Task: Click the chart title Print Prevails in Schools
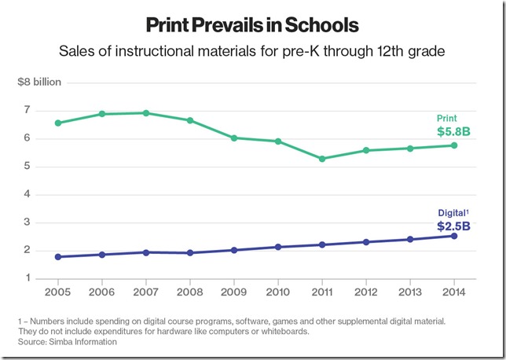[252, 25]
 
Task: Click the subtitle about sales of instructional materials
[252, 53]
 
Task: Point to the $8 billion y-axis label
[40, 83]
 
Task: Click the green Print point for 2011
[321, 159]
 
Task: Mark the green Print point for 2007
[145, 113]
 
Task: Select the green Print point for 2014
[453, 145]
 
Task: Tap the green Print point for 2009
[233, 138]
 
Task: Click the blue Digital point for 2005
[57, 257]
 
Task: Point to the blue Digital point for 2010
[277, 247]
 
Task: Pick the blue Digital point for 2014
[453, 236]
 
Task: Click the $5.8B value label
[453, 131]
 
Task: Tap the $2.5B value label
[453, 226]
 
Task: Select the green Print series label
[447, 118]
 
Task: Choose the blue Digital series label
[453, 212]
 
